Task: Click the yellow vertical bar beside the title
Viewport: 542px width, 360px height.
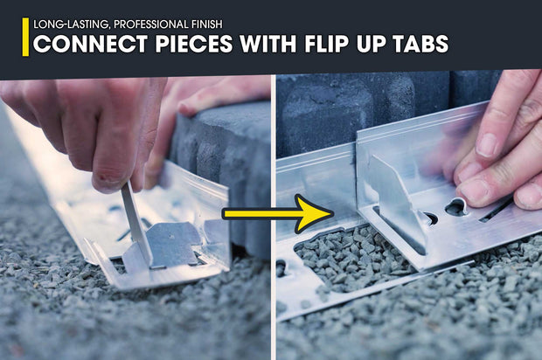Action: (x=25, y=36)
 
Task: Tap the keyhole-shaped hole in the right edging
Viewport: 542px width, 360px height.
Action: (x=456, y=208)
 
